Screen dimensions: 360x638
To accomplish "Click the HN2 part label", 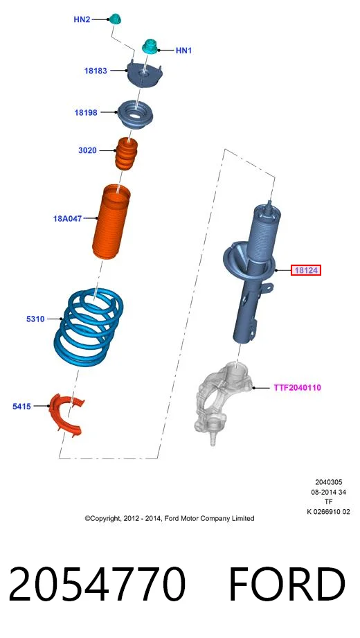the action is pos(82,19).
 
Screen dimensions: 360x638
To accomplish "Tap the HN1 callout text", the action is pos(183,51).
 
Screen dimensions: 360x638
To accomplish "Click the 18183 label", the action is pos(96,71).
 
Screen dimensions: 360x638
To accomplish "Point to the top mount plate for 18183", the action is pos(145,73).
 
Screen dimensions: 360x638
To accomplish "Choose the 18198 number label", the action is pos(86,113).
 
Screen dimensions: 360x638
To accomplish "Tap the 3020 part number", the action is pos(87,150).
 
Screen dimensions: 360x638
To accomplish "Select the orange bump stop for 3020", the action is pos(126,154).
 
